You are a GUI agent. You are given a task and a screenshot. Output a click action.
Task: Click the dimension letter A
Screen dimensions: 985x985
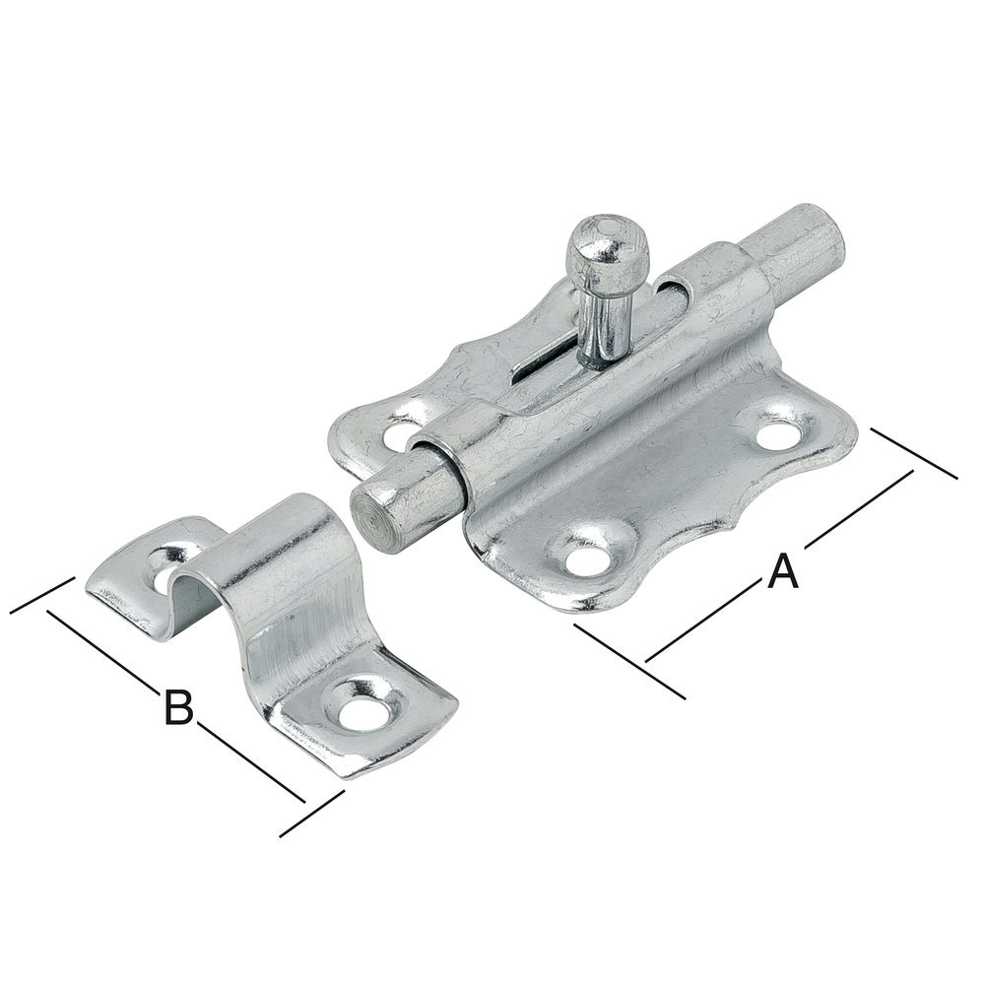783,570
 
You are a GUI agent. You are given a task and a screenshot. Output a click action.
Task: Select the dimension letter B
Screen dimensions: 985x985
178,706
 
